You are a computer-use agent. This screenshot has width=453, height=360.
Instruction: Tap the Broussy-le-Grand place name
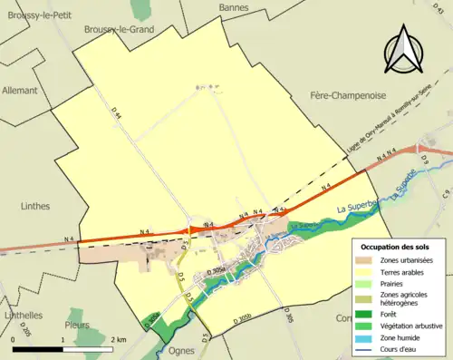[x=119, y=29]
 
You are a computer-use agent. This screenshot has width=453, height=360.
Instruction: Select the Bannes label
[x=234, y=8]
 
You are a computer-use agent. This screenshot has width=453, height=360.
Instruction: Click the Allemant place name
[x=20, y=91]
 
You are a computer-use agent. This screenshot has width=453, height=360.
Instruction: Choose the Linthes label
[x=34, y=207]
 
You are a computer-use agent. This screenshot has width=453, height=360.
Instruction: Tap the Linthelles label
[x=24, y=315]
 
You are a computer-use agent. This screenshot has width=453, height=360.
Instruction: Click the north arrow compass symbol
[x=405, y=49]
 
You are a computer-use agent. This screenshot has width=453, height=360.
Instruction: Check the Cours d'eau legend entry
[x=402, y=350]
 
